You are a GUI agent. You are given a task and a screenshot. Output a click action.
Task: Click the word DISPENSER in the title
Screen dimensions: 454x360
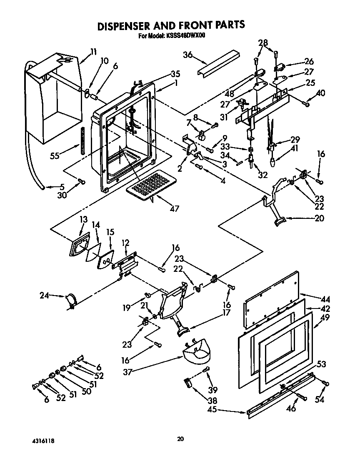pos(131,25)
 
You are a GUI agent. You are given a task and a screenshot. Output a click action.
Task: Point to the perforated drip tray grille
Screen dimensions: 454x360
pos(150,184)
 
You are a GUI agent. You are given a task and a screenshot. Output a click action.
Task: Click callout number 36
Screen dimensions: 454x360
pos(188,55)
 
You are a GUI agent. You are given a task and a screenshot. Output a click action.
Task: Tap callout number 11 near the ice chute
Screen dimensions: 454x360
pos(93,52)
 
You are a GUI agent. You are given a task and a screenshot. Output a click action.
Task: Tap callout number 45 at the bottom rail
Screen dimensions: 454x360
pos(212,410)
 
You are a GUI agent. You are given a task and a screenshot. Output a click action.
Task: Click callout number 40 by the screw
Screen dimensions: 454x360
pos(321,93)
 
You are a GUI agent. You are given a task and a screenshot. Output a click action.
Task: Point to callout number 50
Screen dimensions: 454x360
pos(86,391)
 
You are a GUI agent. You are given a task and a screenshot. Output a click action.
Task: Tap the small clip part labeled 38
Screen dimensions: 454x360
pos(189,383)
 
